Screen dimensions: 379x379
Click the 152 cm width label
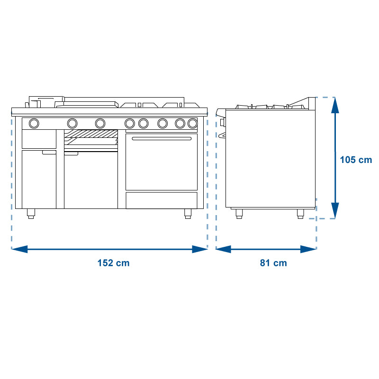(113, 263)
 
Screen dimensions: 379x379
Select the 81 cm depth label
(273, 263)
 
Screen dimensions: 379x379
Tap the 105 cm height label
(356, 160)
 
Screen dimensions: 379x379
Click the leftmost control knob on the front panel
(34, 124)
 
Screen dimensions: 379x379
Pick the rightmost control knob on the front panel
(192, 124)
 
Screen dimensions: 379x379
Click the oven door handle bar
(162, 138)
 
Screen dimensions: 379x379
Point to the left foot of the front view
(31, 214)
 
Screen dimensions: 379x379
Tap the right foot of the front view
(188, 214)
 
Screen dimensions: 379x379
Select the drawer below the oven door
(162, 200)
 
